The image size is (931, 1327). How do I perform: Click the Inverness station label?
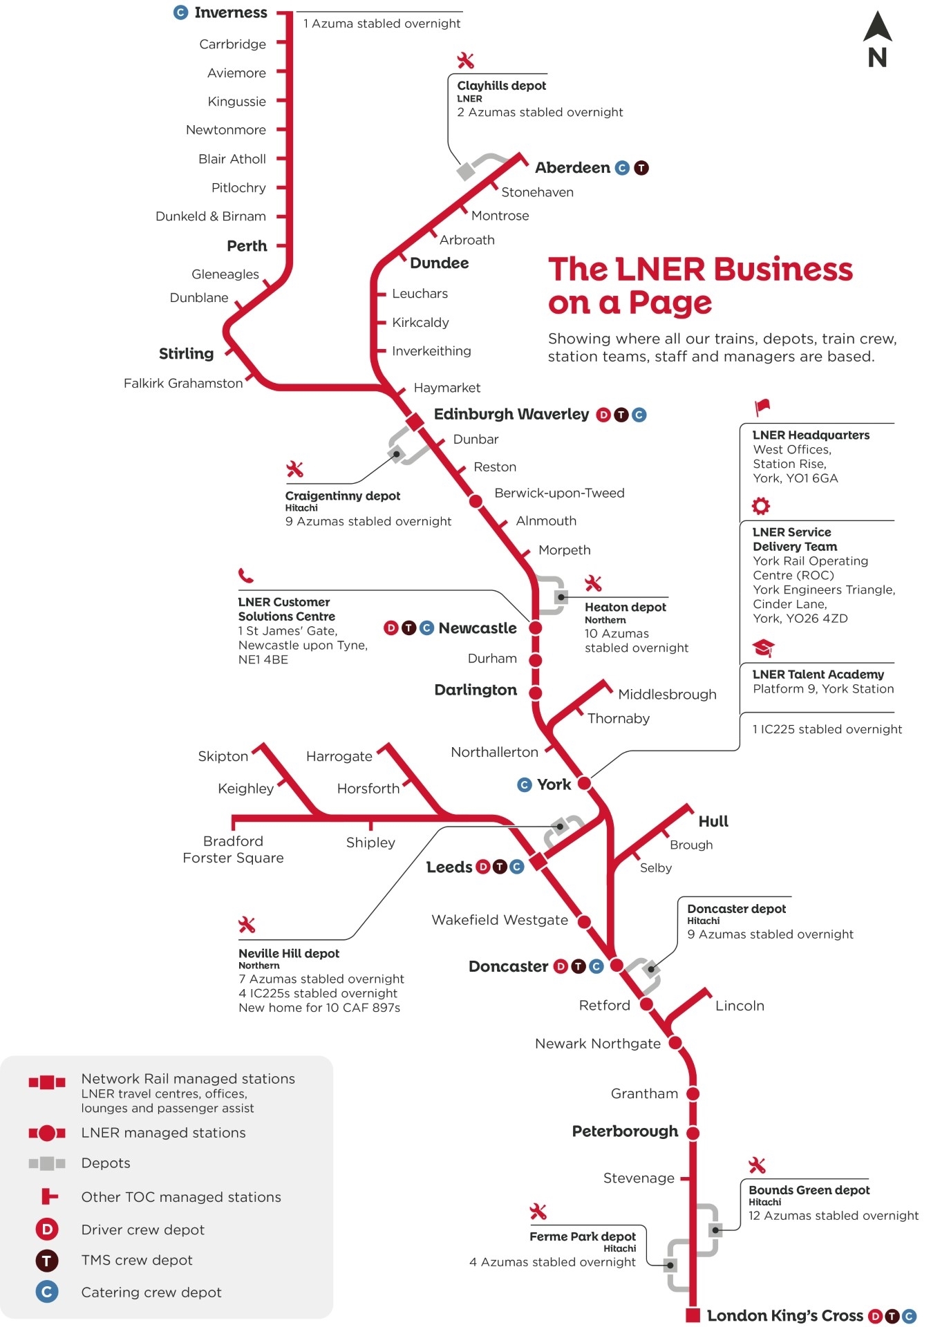(x=230, y=12)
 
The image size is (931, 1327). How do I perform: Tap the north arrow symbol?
(x=877, y=39)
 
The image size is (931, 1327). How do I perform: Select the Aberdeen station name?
(x=572, y=168)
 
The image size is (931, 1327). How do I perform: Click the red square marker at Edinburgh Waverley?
(x=415, y=421)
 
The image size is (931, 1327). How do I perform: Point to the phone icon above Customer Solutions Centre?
(x=245, y=575)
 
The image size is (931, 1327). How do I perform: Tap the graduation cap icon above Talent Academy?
(x=763, y=648)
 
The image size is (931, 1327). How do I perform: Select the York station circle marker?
(x=584, y=783)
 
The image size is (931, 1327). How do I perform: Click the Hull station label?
(x=713, y=821)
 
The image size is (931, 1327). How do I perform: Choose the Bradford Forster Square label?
(x=233, y=849)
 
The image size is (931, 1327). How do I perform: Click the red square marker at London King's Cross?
(x=693, y=1315)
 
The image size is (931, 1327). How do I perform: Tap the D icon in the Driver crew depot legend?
(x=47, y=1230)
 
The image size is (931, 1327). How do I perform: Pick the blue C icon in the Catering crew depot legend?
(x=47, y=1292)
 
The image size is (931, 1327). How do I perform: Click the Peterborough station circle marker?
(x=693, y=1133)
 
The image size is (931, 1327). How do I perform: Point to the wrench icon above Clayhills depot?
(x=466, y=61)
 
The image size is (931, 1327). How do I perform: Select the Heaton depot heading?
(x=625, y=607)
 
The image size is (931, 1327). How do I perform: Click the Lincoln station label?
(x=740, y=1006)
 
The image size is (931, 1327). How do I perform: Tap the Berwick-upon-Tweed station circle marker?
(x=476, y=500)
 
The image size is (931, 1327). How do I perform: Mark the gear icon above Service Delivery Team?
(x=761, y=506)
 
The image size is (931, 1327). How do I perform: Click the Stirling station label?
(x=186, y=354)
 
